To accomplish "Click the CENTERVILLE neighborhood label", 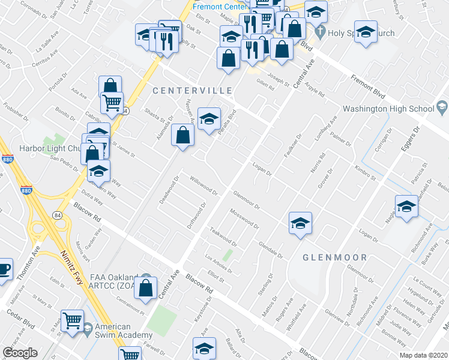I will pos(191,91).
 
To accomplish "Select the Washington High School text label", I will pos(388,109).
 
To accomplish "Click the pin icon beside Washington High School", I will pos(442,108).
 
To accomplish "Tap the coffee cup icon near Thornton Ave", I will pos(4,269).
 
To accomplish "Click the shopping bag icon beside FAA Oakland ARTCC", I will pos(146,288).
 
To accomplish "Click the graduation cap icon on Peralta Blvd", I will pos(209,118).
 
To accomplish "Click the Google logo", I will pos(20,353).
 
